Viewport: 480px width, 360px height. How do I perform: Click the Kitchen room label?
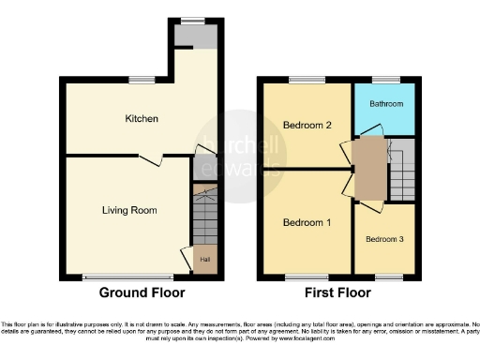(x=142, y=119)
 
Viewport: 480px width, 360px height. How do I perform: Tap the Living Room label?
(x=129, y=210)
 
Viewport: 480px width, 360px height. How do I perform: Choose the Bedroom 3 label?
(x=384, y=239)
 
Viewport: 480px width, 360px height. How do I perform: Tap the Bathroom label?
(x=384, y=104)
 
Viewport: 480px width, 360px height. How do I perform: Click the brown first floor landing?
(x=370, y=169)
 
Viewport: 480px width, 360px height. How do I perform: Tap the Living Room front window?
(x=127, y=277)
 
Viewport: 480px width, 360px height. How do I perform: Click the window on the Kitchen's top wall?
(x=142, y=79)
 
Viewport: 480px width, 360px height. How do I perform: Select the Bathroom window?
(x=384, y=79)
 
